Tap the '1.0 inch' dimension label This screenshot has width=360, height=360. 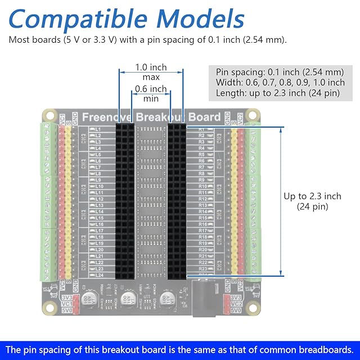151,67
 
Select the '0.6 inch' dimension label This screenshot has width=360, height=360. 151,89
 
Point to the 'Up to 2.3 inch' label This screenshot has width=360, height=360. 312,196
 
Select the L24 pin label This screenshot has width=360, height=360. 99,275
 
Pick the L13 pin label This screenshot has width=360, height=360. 99,205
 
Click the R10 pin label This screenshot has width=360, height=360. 203,186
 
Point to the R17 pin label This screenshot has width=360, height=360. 203,231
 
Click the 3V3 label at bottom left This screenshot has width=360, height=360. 67,298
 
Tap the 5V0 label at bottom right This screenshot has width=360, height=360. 236,310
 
